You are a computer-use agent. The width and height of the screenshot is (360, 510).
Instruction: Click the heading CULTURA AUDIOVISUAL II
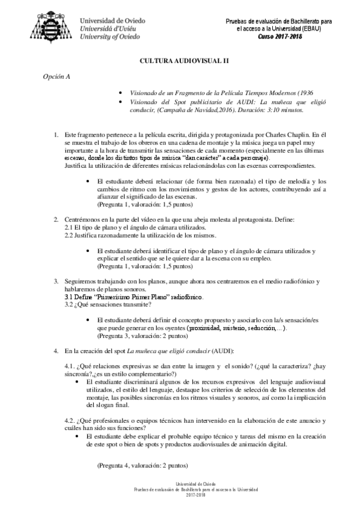(x=180, y=61)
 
